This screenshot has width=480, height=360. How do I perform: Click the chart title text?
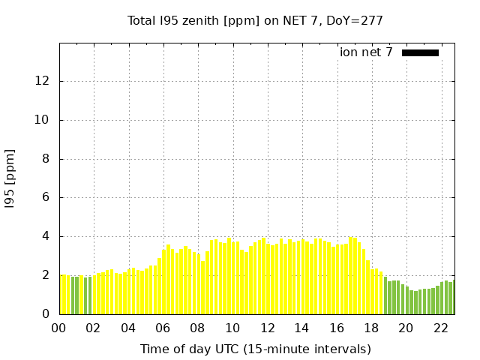pyautogui.click(x=255, y=21)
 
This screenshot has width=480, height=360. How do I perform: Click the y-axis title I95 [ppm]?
pyautogui.click(x=10, y=178)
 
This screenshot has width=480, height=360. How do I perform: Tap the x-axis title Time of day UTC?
pyautogui.click(x=255, y=349)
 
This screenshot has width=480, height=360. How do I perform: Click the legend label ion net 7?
pyautogui.click(x=366, y=52)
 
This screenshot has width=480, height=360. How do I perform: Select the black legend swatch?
pyautogui.click(x=420, y=52)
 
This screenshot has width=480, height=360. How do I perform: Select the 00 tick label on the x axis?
pyautogui.click(x=59, y=328)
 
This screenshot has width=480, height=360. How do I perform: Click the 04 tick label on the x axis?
pyautogui.click(x=128, y=328)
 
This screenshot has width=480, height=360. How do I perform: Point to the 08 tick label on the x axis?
pyautogui.click(x=198, y=328)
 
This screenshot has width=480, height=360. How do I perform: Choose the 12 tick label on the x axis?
pyautogui.click(x=267, y=328)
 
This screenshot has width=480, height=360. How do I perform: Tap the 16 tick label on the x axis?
pyautogui.click(x=337, y=328)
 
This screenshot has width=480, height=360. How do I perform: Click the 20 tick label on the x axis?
pyautogui.click(x=406, y=328)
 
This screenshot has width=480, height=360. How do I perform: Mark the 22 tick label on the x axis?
pyautogui.click(x=440, y=328)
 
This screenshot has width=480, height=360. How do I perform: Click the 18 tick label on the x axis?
pyautogui.click(x=371, y=328)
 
